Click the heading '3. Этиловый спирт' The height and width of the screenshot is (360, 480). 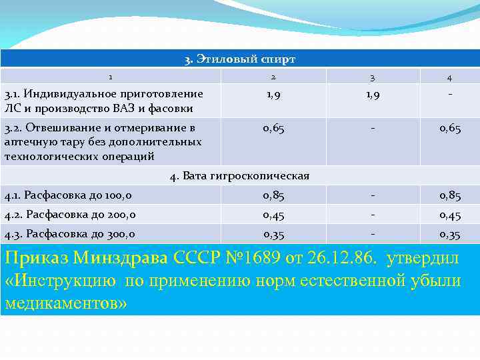(239, 59)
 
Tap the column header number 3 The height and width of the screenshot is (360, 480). (373, 77)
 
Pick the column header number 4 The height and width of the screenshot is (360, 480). (450, 77)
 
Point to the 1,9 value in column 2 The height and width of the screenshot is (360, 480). (273, 95)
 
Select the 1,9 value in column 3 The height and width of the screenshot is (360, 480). (373, 95)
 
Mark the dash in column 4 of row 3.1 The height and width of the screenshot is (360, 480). (450, 94)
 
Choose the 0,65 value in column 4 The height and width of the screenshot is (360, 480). (450, 129)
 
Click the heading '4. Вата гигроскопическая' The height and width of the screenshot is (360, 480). (239, 176)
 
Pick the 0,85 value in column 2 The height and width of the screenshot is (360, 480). (273, 195)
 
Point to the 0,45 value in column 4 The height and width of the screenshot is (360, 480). (450, 215)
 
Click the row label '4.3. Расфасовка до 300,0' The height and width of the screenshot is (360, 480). (69, 234)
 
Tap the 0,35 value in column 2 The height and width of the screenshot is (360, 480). (273, 234)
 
